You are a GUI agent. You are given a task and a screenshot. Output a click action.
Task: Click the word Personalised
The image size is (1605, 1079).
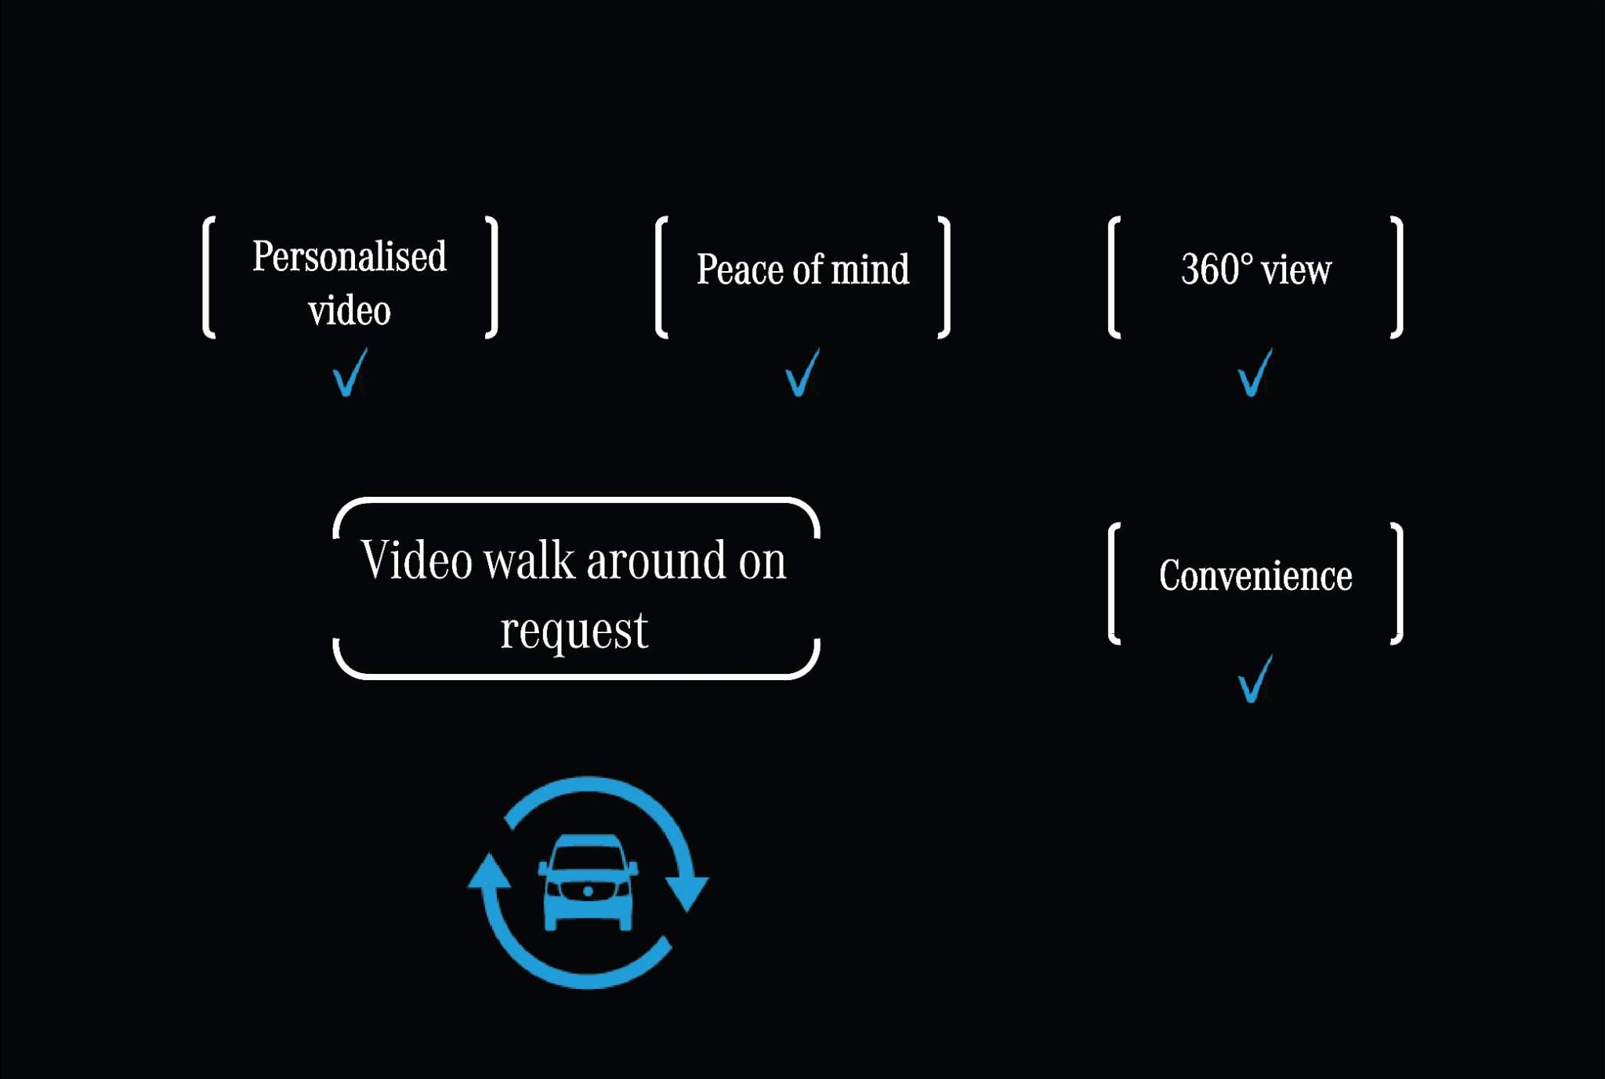(349, 257)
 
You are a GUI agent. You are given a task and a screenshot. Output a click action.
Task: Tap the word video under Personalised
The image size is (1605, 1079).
(349, 310)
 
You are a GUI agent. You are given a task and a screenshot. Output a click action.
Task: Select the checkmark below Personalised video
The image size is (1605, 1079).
(350, 374)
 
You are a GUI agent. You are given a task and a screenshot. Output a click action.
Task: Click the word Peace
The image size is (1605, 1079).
(740, 270)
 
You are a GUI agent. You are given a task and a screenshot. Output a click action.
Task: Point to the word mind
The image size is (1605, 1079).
(870, 270)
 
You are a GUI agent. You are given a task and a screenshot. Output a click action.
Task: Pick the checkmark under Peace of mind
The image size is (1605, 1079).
(802, 374)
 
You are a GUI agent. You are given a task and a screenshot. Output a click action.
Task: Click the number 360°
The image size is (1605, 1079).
(1217, 270)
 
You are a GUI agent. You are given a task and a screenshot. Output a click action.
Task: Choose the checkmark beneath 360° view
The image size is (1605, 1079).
(1255, 374)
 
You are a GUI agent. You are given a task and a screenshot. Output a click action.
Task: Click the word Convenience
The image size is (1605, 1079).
(1255, 576)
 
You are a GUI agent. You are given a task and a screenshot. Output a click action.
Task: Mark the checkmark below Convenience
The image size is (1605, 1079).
(1255, 680)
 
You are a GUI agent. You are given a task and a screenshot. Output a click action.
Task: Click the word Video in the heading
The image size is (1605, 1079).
(416, 561)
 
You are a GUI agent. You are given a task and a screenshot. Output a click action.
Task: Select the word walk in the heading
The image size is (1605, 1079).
(529, 561)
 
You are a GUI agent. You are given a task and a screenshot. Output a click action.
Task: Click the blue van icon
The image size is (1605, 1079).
(588, 882)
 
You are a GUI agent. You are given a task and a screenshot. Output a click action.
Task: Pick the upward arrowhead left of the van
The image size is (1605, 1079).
(489, 871)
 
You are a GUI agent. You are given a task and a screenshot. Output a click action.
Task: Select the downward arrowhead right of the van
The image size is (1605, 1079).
(687, 892)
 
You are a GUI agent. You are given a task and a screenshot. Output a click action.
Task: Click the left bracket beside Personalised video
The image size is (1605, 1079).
(208, 277)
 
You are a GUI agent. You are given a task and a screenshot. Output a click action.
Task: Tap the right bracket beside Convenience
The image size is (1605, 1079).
(1397, 584)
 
